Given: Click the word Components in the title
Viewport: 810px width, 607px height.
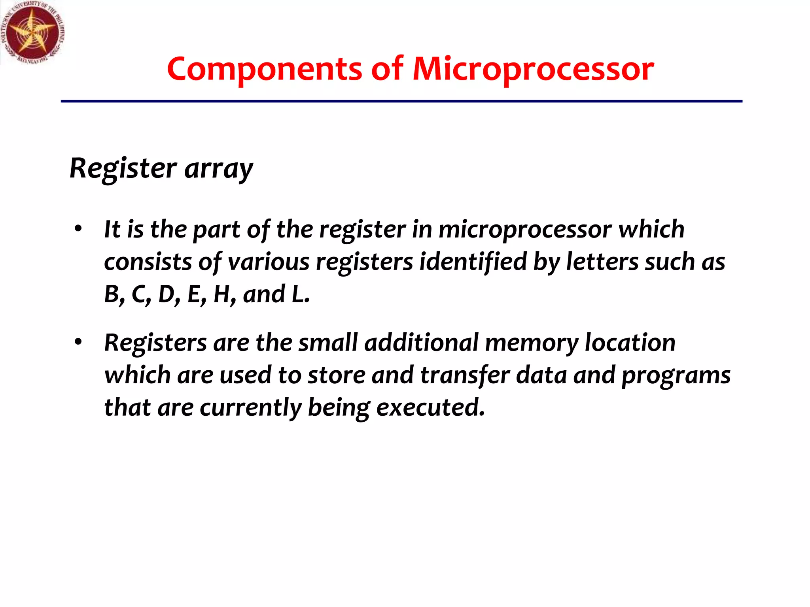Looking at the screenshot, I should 264,70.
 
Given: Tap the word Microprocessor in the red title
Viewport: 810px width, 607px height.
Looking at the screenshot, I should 533,70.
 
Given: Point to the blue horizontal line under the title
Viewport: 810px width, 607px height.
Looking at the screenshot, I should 401,102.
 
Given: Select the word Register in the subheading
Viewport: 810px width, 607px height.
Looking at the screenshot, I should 123,168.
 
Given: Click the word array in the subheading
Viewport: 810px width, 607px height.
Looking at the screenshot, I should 218,169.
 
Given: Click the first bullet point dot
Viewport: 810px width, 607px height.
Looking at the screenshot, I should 78,229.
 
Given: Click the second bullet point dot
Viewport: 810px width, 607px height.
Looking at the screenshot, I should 78,342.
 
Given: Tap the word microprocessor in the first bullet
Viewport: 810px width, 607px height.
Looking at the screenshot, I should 525,230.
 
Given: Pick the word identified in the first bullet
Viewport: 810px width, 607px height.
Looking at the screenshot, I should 473,262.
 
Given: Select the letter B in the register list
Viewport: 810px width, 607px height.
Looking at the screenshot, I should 112,294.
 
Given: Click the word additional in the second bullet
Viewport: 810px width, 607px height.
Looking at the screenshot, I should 421,343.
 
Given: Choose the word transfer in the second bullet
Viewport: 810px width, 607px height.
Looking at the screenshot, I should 464,375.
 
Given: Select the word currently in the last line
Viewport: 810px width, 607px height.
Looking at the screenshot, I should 250,408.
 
